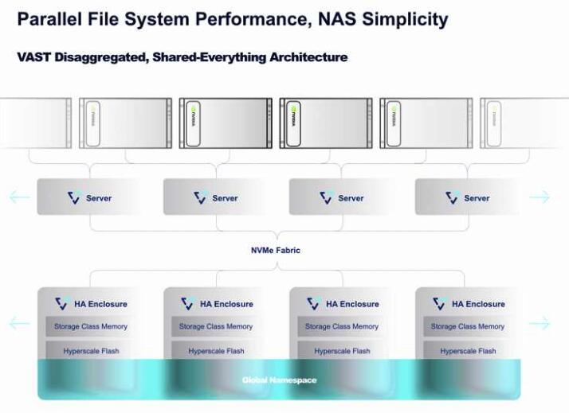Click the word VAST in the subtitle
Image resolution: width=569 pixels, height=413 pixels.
tap(34, 58)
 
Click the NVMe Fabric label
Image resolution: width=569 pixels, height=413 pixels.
tap(276, 251)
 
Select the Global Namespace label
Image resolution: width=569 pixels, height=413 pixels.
tap(279, 380)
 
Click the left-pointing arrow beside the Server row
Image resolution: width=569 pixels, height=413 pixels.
tap(19, 197)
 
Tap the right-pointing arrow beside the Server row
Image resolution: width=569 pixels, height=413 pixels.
tap(540, 197)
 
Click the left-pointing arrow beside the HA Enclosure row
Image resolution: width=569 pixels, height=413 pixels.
tap(19, 323)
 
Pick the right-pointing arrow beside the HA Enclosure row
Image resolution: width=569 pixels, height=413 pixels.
tap(540, 323)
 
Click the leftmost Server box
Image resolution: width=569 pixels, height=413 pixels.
tap(88, 197)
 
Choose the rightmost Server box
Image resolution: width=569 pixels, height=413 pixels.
tap(466, 197)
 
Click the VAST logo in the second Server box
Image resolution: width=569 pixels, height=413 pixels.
tap(200, 197)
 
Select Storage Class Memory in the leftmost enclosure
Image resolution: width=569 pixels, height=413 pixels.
tap(90, 326)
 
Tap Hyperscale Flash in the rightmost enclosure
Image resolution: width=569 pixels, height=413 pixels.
tap(468, 351)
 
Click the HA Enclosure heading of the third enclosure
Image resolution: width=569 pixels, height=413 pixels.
tap(351, 304)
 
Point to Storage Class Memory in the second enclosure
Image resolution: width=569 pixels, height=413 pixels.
tap(216, 326)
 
